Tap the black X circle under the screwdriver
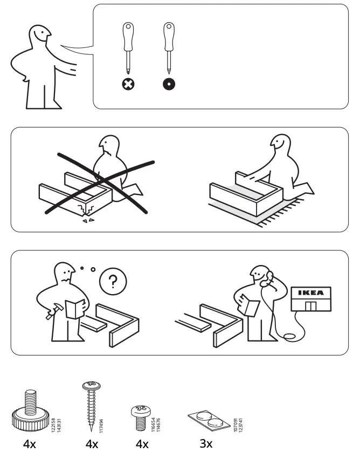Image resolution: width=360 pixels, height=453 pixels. tap(128, 84)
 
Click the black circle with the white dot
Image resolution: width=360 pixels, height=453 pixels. tap(168, 84)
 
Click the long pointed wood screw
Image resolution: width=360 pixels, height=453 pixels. tap(89, 404)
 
